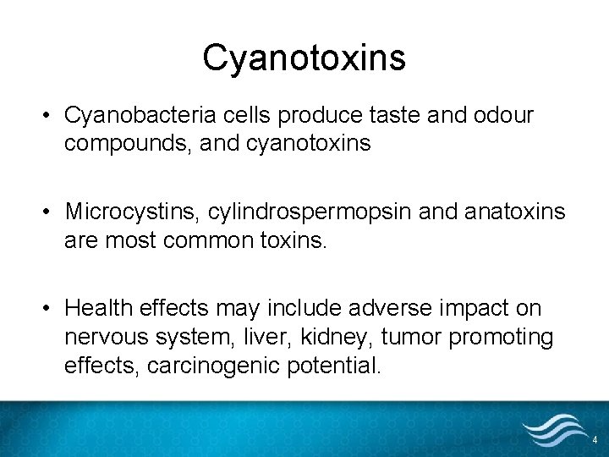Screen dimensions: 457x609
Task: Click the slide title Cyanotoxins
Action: pyautogui.click(x=304, y=58)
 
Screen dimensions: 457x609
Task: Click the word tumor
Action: pyautogui.click(x=412, y=337)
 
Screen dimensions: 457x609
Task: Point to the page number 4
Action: pyautogui.click(x=595, y=440)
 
